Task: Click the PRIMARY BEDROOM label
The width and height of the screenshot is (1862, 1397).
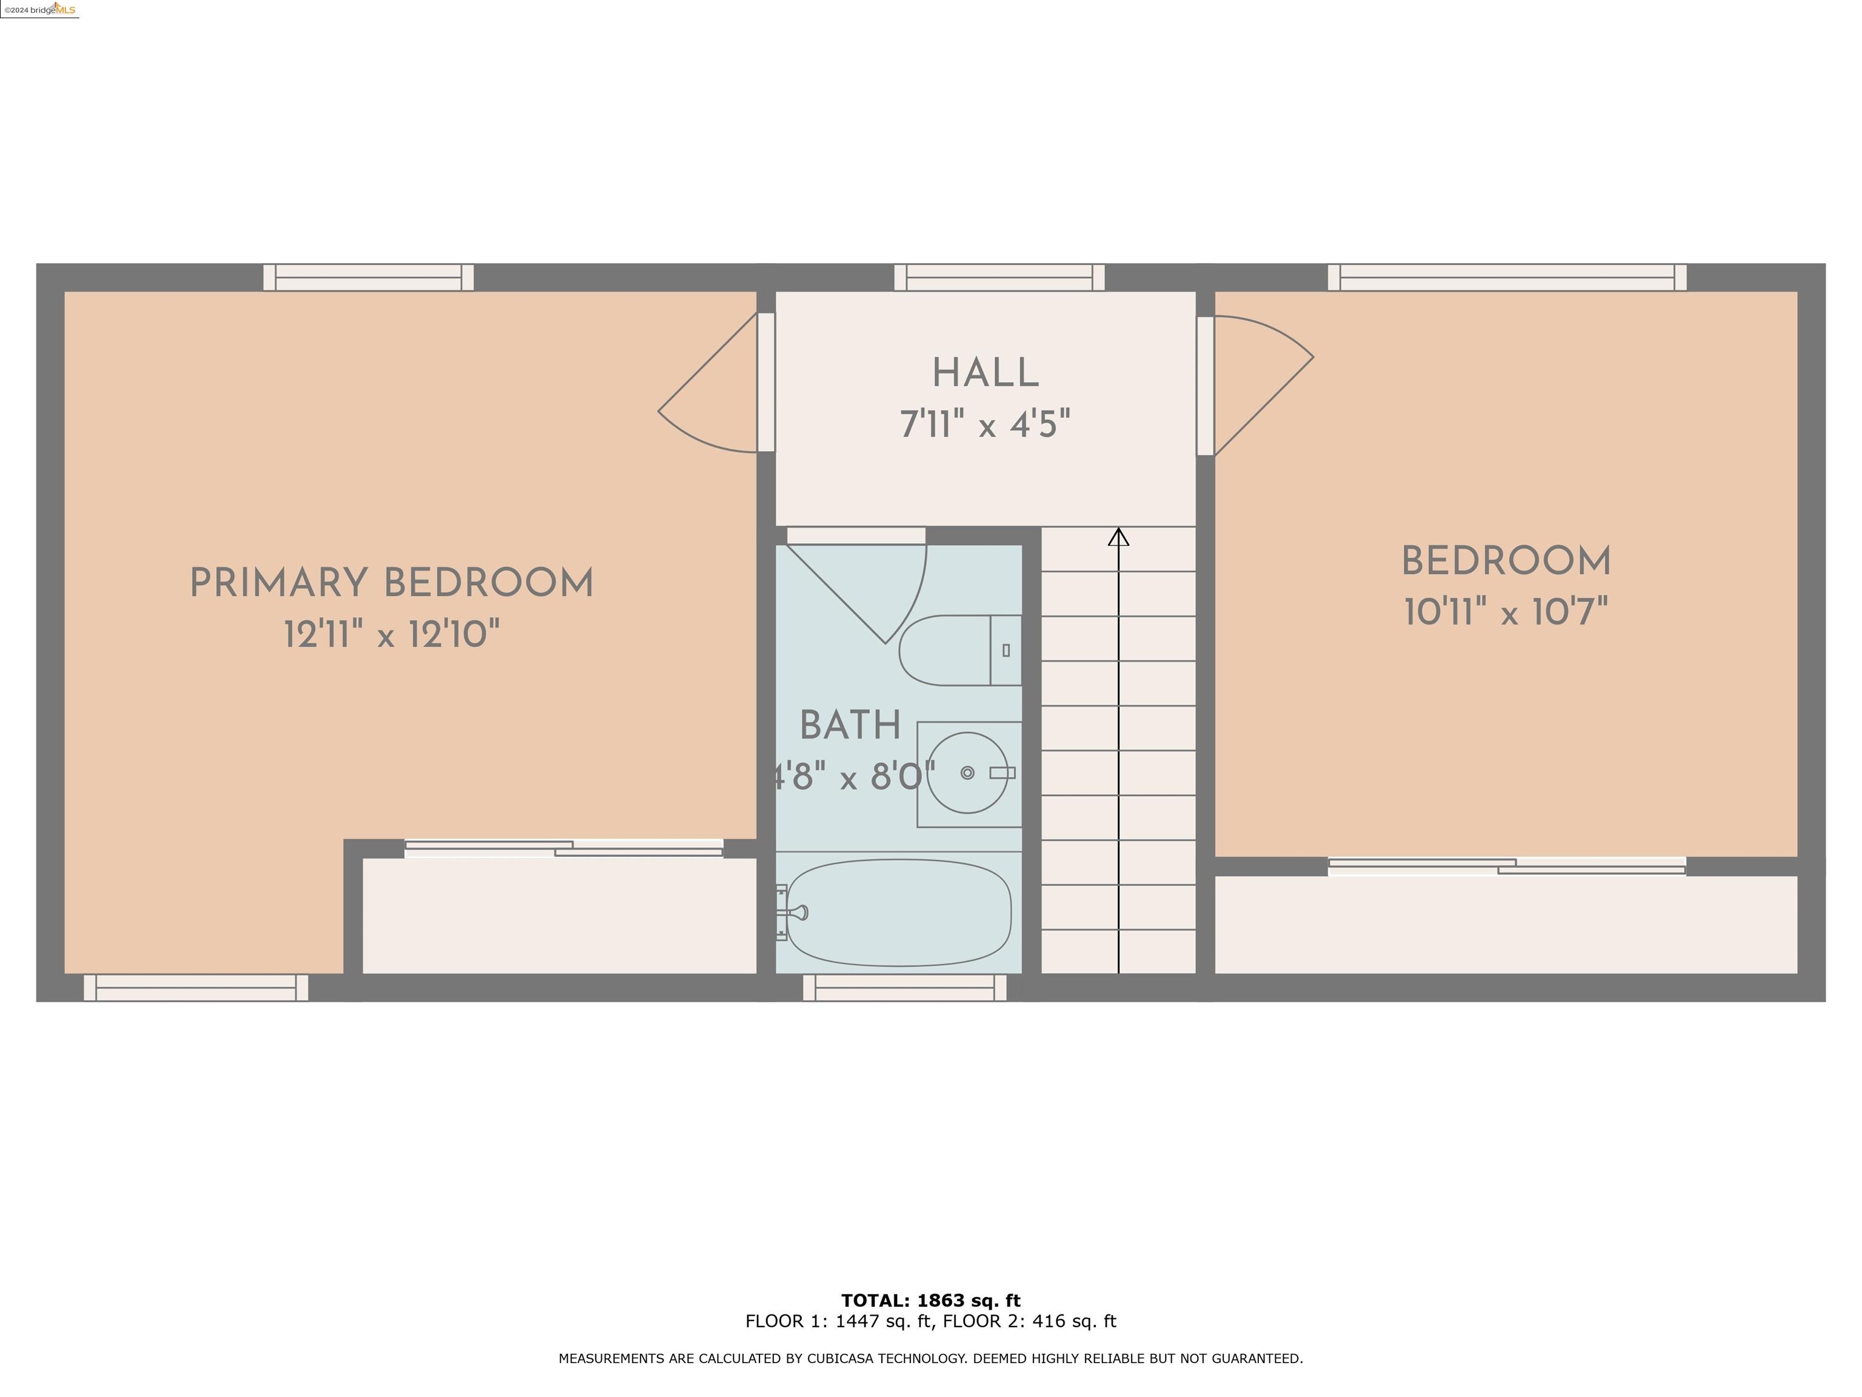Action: [x=392, y=583]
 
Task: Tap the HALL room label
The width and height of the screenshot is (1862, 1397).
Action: [x=985, y=373]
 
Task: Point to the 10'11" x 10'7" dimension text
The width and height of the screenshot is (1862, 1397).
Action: [x=1506, y=612]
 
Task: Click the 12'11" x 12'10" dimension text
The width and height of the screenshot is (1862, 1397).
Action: [x=392, y=634]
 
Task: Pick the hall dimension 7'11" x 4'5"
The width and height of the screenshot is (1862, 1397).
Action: [x=985, y=424]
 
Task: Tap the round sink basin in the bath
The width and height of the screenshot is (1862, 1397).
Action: [x=967, y=773]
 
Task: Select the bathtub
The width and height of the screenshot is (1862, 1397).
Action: [x=898, y=913]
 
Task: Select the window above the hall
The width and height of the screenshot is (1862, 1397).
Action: [x=999, y=277]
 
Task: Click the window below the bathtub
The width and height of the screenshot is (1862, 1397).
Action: [x=905, y=988]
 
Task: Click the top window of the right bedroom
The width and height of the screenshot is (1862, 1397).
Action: [x=1507, y=277]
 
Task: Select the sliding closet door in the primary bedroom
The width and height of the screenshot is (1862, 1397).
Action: [x=563, y=849]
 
